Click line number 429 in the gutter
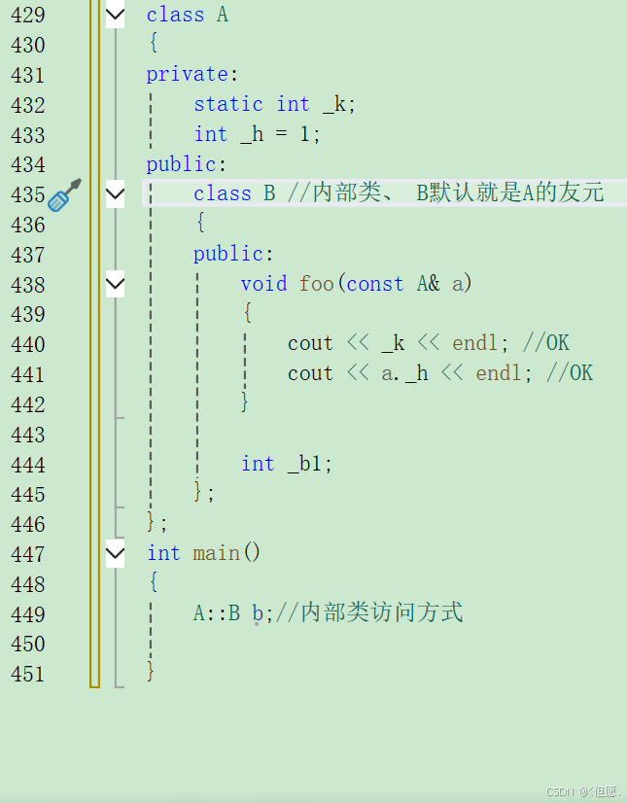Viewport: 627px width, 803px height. point(27,15)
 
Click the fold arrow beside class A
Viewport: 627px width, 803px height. point(115,15)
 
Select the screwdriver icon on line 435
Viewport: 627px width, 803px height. point(64,194)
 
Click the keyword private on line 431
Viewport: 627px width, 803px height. point(187,75)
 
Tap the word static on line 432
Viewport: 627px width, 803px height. point(228,104)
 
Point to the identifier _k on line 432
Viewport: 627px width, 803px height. point(334,104)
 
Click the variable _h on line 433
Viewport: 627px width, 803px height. point(252,134)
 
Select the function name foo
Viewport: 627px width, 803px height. point(317,283)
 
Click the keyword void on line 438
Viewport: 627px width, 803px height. point(263,283)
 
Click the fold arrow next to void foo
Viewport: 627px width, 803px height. point(115,284)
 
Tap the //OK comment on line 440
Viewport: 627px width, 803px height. point(545,343)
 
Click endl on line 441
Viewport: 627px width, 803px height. point(499,373)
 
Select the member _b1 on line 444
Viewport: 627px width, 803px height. point(310,464)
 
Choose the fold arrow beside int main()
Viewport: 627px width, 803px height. point(115,554)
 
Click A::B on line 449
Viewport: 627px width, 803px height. point(217,612)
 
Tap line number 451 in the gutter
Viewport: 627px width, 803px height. point(27,673)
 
